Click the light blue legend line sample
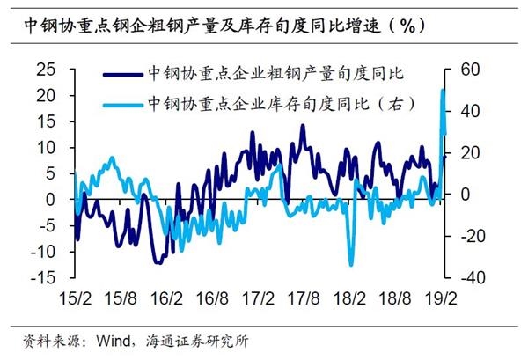[x=122, y=103]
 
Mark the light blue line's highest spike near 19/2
[x=443, y=91]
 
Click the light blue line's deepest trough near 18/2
[x=351, y=264]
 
